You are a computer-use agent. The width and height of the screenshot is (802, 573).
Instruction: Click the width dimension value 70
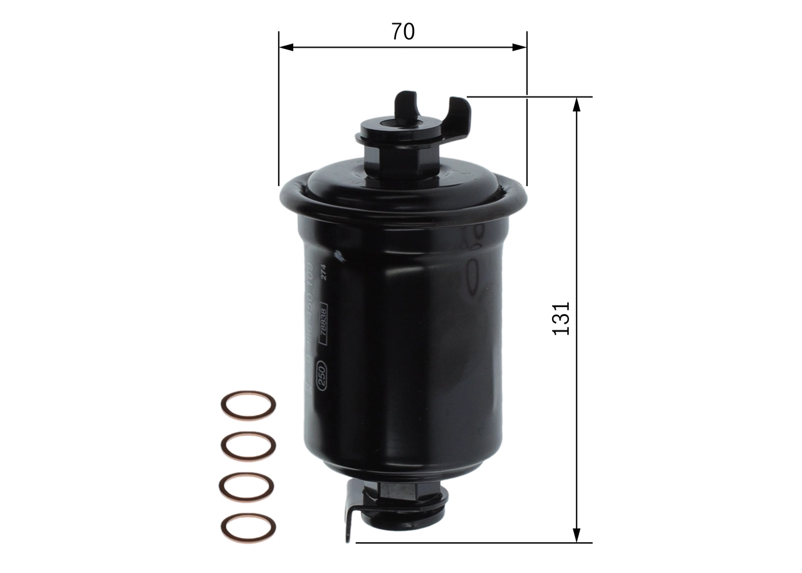(x=403, y=31)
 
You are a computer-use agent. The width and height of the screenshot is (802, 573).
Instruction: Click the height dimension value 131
(x=561, y=318)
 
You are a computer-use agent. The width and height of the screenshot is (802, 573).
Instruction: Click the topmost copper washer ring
(x=248, y=405)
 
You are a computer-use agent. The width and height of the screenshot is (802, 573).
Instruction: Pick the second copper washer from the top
(x=248, y=445)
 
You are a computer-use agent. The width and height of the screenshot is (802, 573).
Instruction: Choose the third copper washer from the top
(x=248, y=486)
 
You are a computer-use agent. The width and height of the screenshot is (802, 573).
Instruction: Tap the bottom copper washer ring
(x=248, y=527)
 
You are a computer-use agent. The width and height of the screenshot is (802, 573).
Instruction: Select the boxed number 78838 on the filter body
(x=323, y=323)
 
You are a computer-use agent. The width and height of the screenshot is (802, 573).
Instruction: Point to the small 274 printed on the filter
(x=324, y=273)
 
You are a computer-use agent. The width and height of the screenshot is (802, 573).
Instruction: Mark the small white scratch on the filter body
(x=339, y=255)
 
